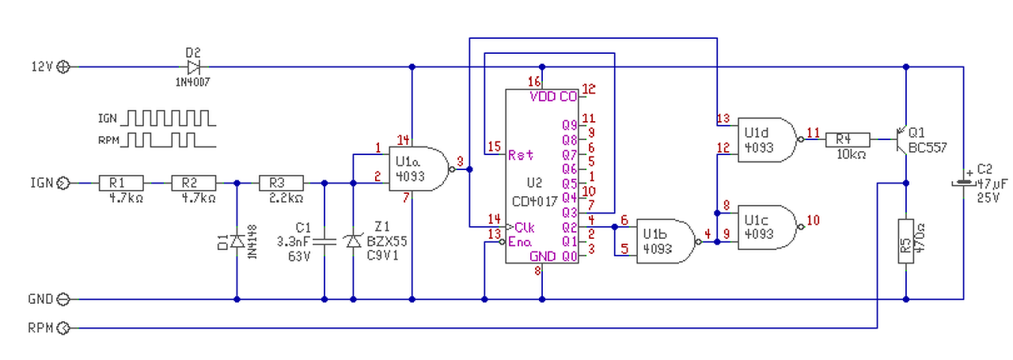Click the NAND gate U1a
click(414, 169)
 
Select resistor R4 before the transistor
click(848, 140)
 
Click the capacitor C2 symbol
click(963, 180)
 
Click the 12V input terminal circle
click(63, 67)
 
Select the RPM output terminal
click(63, 327)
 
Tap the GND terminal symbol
click(63, 299)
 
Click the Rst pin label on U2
click(521, 153)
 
